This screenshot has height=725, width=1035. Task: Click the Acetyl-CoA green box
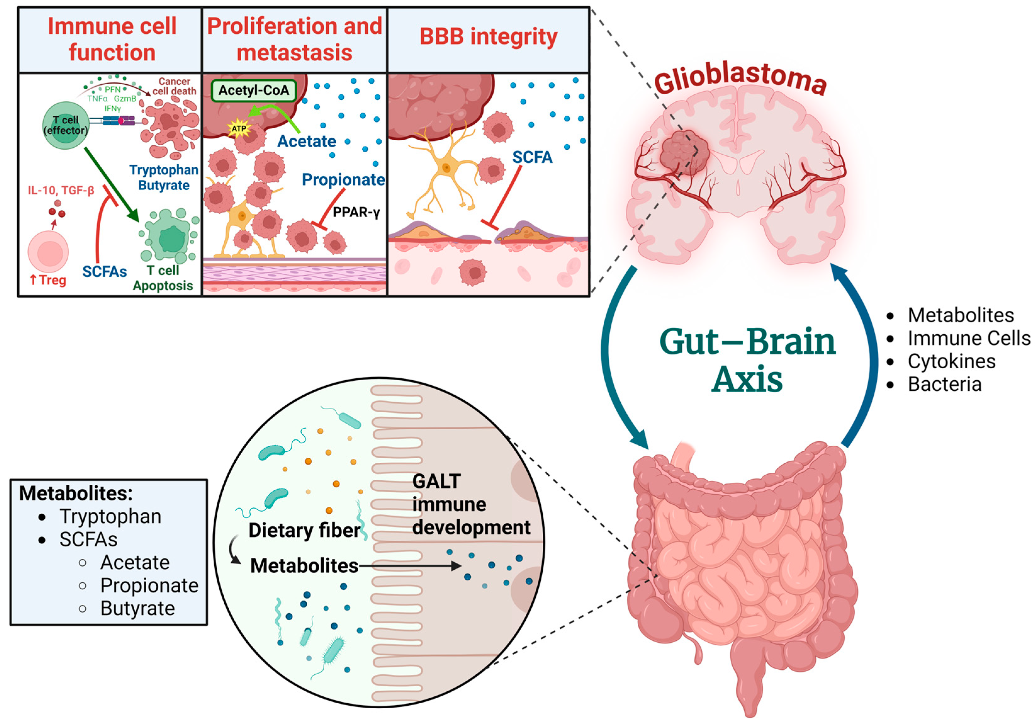tap(254, 91)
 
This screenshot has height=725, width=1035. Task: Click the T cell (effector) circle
tap(66, 125)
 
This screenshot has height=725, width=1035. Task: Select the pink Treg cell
tap(48, 252)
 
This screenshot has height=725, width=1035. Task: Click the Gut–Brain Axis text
tap(747, 360)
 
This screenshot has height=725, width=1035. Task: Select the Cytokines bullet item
tap(951, 361)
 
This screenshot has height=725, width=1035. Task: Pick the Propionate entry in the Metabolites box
tap(149, 585)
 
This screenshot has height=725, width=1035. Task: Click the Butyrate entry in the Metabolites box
tap(137, 608)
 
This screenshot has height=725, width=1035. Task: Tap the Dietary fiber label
tap(304, 530)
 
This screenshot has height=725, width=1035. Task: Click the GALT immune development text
tap(471, 505)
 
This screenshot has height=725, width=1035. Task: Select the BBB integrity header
tap(488, 37)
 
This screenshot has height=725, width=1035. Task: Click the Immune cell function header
tap(112, 39)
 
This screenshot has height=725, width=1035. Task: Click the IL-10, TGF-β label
tap(61, 191)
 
